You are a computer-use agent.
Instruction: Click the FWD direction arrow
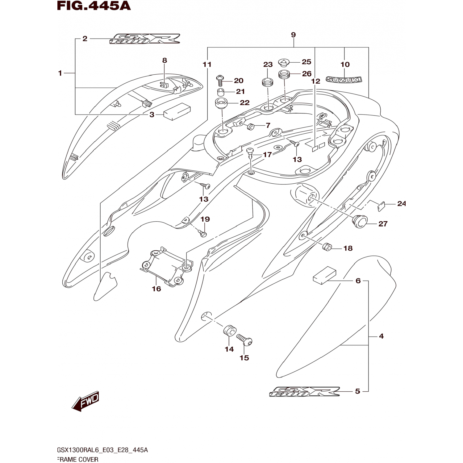point(85,401)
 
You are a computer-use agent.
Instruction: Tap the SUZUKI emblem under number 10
point(344,80)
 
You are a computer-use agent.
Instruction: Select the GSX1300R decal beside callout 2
point(144,39)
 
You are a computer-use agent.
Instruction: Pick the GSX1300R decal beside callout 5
point(304,392)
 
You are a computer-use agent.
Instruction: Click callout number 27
point(383,224)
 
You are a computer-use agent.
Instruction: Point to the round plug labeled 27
point(360,221)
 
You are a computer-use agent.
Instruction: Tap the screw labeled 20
point(220,80)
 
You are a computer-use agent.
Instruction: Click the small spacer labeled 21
point(220,92)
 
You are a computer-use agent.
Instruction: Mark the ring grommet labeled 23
point(267,83)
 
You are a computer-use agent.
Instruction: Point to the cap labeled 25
point(284,63)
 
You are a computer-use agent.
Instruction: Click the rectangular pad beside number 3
point(177,111)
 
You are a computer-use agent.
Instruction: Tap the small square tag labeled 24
point(381,206)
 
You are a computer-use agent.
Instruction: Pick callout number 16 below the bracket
point(156,289)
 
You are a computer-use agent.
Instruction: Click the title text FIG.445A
point(94,6)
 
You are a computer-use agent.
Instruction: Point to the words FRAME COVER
point(78,459)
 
